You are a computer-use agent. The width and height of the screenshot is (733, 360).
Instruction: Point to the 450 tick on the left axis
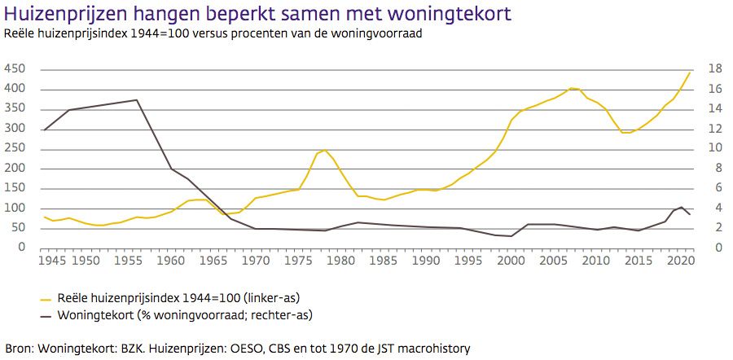click(15, 69)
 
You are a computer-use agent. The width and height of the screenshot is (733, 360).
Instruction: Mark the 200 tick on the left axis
click(15, 169)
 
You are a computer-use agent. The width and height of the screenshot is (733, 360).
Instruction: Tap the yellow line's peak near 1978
click(325, 150)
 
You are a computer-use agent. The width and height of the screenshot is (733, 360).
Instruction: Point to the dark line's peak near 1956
click(137, 100)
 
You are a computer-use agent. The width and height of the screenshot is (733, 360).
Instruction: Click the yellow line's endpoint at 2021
click(690, 72)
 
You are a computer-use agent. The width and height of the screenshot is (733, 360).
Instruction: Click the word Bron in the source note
click(18, 348)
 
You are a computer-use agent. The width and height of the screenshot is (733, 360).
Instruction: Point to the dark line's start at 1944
click(44, 130)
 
